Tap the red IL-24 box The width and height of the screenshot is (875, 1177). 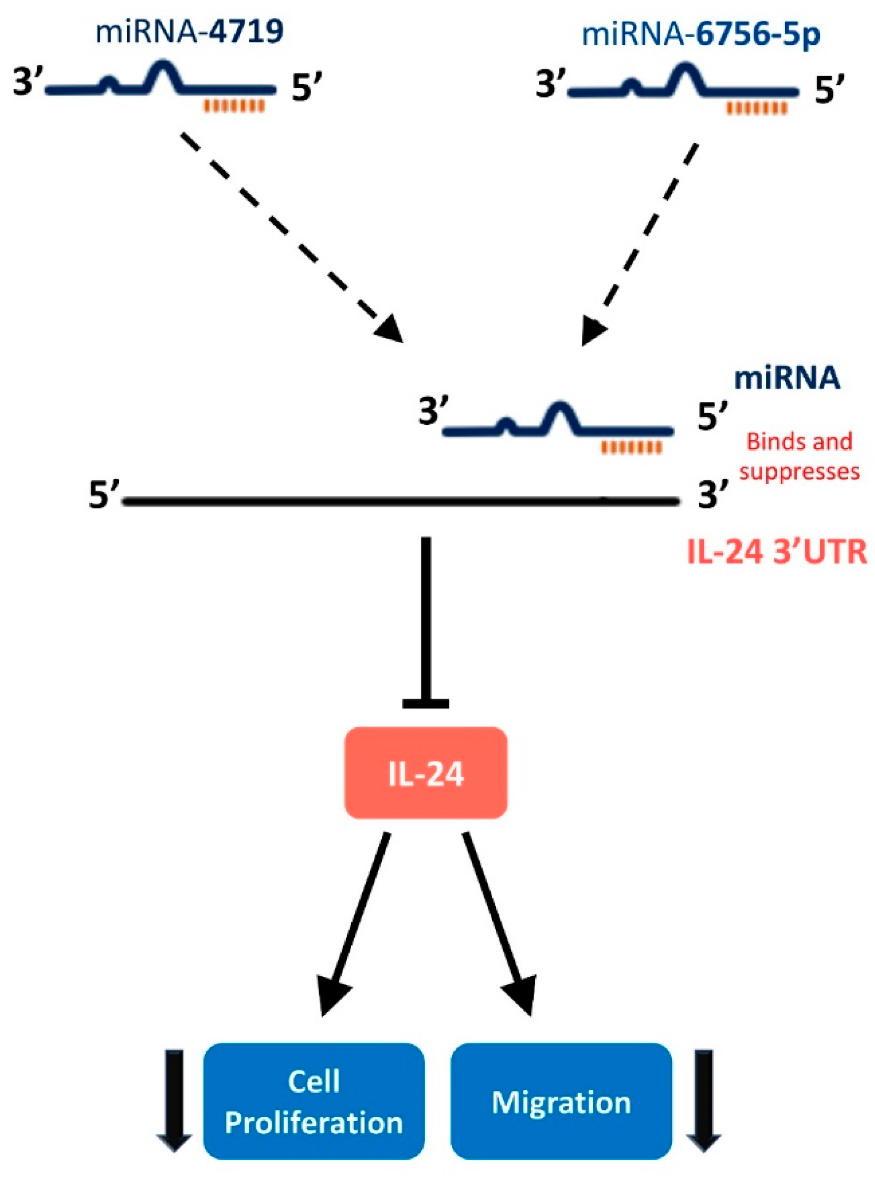(426, 774)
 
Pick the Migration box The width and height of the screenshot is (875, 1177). (561, 1103)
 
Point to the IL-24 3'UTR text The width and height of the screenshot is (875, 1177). (776, 553)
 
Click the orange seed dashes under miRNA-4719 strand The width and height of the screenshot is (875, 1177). (234, 107)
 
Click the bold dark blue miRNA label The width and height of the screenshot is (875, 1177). (787, 379)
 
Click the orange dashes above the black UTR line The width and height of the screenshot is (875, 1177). (631, 448)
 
